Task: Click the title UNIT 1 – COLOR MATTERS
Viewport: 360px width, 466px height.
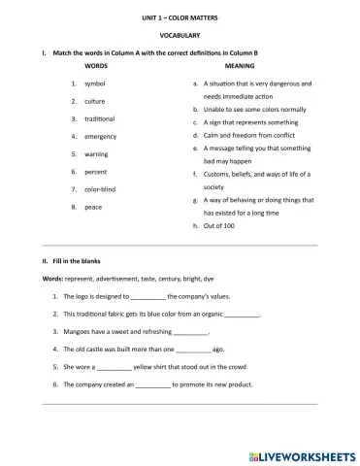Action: coord(180,17)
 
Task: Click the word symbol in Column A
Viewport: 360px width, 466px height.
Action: coord(96,84)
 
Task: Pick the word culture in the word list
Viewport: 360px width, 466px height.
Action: coord(95,101)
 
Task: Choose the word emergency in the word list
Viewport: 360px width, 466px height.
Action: coord(102,136)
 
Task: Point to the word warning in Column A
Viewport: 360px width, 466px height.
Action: coord(97,153)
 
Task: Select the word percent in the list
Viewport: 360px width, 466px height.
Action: coord(96,172)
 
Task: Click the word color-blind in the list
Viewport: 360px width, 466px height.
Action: coord(101,189)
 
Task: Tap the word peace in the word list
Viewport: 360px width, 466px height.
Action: coord(94,207)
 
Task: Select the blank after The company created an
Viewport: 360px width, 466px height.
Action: coord(152,385)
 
